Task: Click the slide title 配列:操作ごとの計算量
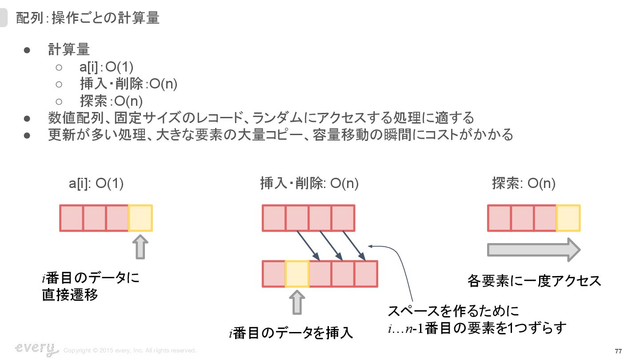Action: (x=88, y=18)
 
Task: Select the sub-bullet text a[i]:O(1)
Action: (x=107, y=67)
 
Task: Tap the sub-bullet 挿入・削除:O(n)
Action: (x=129, y=84)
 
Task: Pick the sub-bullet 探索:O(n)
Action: (x=111, y=101)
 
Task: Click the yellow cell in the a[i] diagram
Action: (x=140, y=218)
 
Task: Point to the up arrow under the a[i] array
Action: (x=140, y=248)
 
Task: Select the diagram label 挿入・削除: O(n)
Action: (x=309, y=184)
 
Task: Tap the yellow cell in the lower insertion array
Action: (x=297, y=274)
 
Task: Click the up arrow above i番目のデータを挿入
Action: (x=297, y=303)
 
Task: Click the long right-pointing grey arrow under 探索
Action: (x=533, y=250)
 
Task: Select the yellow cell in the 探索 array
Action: (x=568, y=218)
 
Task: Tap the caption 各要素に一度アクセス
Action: (x=534, y=281)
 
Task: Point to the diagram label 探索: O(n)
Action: (x=524, y=184)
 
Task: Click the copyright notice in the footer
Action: (x=130, y=351)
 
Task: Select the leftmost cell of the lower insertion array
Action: (x=274, y=274)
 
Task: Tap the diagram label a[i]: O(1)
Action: (x=96, y=184)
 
